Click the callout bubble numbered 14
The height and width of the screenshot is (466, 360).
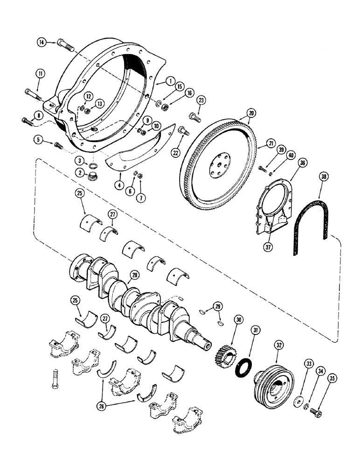coord(42,43)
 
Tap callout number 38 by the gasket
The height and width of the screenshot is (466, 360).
coord(324,177)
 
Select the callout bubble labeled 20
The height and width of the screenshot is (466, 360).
coord(251,113)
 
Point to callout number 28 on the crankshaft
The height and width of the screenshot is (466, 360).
coord(135,275)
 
